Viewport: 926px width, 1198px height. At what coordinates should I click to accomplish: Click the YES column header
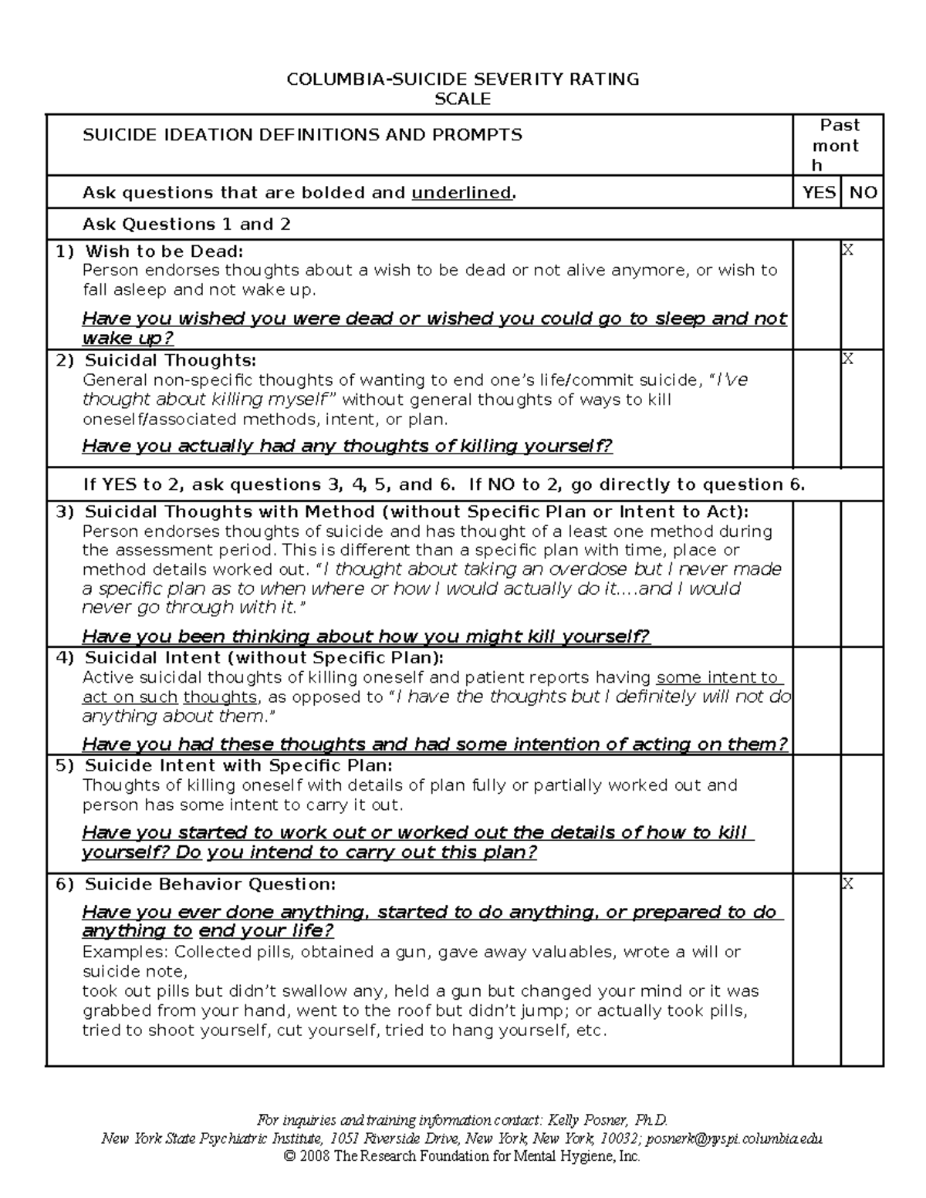[x=818, y=193]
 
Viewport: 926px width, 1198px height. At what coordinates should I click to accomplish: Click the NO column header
[x=863, y=193]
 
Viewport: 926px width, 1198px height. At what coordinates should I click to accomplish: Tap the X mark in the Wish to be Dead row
[x=847, y=250]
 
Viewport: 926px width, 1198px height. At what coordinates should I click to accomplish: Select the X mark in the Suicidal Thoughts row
[x=847, y=359]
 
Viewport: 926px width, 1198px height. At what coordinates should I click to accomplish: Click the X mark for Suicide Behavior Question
[x=847, y=884]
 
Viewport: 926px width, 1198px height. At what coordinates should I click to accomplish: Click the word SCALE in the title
[x=462, y=99]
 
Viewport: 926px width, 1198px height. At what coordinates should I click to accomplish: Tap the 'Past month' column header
[x=838, y=145]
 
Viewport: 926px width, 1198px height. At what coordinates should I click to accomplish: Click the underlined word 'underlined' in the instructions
[x=461, y=193]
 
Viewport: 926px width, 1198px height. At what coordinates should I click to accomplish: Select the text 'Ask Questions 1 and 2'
[x=187, y=224]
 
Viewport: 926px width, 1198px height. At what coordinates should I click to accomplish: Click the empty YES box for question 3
[x=817, y=574]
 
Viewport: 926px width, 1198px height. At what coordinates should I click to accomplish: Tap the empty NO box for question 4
[x=862, y=700]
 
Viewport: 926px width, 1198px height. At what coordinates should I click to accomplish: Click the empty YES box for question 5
[x=817, y=814]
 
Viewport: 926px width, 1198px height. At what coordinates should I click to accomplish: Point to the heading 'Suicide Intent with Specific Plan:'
[x=238, y=766]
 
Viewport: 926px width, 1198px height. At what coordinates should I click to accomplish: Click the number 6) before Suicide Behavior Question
[x=65, y=885]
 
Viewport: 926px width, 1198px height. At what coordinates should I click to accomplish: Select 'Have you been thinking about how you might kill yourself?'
[x=366, y=637]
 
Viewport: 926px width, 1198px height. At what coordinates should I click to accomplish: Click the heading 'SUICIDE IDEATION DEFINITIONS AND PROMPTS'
[x=302, y=135]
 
